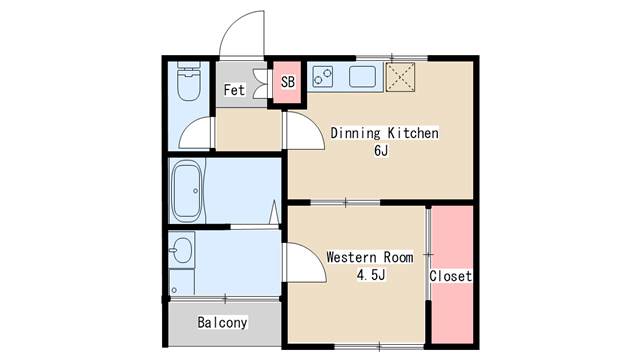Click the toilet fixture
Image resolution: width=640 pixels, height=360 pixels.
coord(189,81)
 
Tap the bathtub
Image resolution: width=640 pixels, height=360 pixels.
coord(187,191)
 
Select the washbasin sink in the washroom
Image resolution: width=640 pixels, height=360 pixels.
coord(181,250)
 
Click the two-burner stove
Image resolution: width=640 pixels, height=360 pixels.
coord(322,76)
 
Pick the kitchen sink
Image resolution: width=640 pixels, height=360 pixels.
coord(362,76)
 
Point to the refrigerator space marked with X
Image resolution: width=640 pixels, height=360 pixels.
coord(400,76)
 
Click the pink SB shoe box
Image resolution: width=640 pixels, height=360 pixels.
coord(287,82)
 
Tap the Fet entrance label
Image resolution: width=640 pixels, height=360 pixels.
coord(234,90)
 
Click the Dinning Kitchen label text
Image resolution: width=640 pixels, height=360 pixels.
coord(384,133)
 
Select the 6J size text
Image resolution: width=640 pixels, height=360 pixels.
coord(381,151)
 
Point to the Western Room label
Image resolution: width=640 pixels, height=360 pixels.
coord(370,258)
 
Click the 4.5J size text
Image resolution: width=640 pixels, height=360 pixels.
coord(371,275)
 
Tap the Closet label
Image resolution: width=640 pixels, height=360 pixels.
coord(450,276)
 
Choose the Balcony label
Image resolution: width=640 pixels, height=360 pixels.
coord(222,322)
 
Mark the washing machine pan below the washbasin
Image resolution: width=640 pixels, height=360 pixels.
coord(182,282)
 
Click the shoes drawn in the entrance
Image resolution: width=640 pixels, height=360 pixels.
coord(260,84)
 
